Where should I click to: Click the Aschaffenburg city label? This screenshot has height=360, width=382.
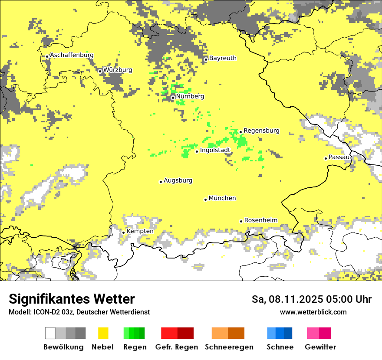point(72,55)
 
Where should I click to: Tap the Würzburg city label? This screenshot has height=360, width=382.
point(118,70)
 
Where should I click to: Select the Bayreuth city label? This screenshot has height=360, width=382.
point(223,58)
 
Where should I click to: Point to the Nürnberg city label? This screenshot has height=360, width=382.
point(190,96)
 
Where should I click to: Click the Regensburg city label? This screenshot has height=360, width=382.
point(261,131)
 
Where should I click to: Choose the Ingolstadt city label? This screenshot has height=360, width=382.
point(215,150)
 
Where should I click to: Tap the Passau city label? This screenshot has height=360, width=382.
point(339,157)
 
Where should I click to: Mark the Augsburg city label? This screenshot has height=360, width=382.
point(178,180)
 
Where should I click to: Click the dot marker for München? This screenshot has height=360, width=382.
point(206,200)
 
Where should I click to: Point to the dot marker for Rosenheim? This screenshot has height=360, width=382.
point(241,221)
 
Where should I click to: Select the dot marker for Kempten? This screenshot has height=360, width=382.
point(124,232)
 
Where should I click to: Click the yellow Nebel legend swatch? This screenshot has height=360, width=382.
point(103,333)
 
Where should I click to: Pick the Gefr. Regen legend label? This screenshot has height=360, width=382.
point(176,347)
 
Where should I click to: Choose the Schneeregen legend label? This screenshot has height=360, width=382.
point(229,347)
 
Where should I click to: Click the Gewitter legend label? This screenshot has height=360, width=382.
point(320,347)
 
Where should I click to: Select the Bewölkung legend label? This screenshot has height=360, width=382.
point(63,347)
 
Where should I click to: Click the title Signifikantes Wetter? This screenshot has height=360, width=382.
point(72,299)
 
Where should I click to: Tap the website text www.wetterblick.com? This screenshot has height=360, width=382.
point(313,312)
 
